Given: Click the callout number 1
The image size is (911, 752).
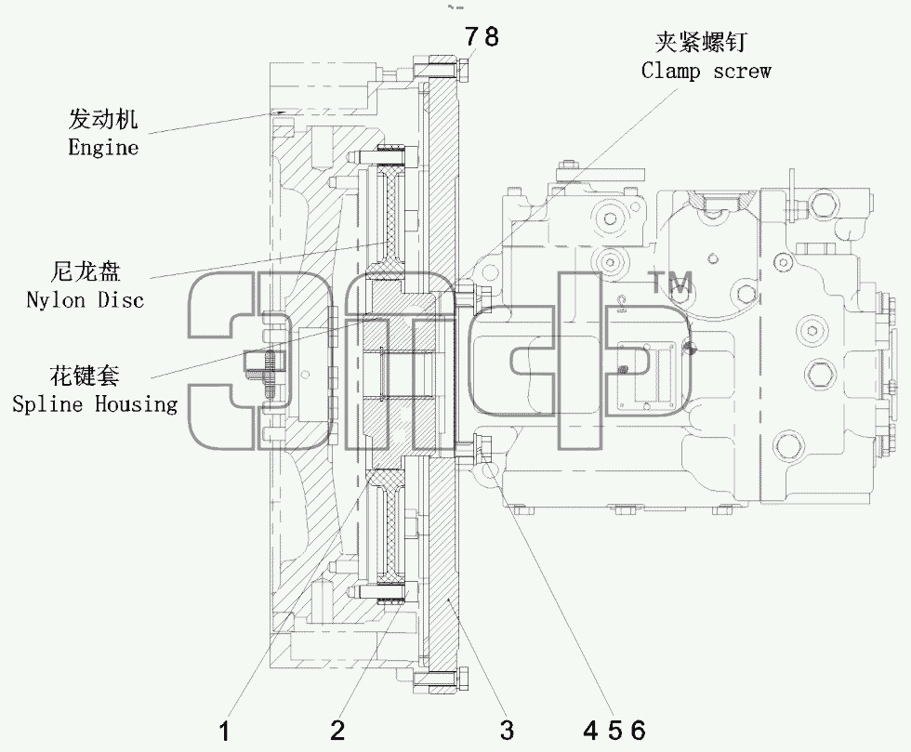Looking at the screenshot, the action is tap(224, 731).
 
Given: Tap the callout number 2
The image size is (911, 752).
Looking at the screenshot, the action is tap(337, 730).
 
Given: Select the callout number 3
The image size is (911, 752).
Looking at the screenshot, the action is tap(508, 730).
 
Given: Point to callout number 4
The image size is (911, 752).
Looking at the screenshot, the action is tap(591, 730).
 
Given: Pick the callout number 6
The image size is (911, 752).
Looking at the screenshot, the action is tap(638, 730).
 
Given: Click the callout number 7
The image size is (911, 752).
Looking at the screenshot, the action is tap(471, 37).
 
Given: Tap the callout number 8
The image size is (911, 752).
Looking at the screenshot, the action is tap(491, 37).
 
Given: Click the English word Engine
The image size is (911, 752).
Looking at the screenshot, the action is tap(103, 148).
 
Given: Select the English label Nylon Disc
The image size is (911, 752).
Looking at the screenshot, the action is tap(85, 300).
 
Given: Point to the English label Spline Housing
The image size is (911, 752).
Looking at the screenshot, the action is tap(95, 403).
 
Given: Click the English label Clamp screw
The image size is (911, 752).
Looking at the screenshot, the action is tap(706, 71).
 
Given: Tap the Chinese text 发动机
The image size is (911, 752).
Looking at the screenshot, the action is tap(103, 119).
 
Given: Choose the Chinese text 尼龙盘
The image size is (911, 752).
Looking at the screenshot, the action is tap(86, 271).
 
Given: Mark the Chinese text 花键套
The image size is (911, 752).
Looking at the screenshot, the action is tap(85, 375).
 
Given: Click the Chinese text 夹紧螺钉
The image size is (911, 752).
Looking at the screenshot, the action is tap(701, 42).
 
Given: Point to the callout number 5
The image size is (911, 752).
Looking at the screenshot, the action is tap(614, 730).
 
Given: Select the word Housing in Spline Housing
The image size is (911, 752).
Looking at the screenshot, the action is tap(136, 403).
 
